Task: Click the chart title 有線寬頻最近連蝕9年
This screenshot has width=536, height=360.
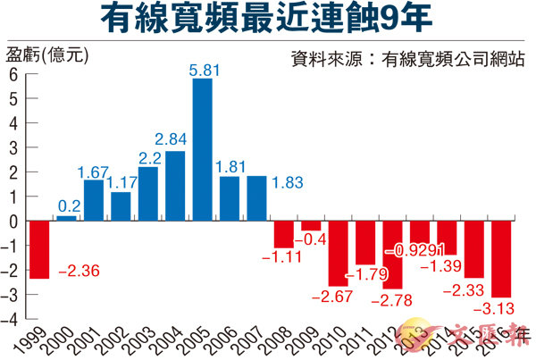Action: [268, 20]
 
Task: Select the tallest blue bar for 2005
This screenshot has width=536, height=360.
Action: [202, 149]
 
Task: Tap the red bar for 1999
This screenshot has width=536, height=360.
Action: [39, 249]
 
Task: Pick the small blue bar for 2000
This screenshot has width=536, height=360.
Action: [66, 218]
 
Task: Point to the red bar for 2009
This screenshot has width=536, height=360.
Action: [310, 225]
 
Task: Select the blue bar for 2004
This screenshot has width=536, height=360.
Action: [175, 185]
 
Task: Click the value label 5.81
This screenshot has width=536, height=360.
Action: [202, 68]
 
